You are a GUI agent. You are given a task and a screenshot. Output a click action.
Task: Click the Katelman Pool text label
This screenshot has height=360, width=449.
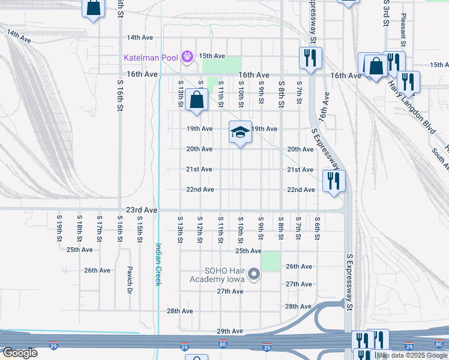(151, 58)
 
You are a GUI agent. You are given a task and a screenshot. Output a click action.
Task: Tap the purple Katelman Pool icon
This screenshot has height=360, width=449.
(187, 57)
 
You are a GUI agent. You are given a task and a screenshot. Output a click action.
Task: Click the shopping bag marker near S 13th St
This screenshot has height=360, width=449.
(197, 100)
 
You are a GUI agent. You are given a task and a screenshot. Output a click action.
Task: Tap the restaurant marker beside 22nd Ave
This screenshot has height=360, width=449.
(334, 181)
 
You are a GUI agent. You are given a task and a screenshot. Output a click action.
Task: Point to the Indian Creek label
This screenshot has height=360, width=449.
(158, 264)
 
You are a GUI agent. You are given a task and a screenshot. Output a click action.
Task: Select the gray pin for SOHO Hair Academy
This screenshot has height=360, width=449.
(254, 275)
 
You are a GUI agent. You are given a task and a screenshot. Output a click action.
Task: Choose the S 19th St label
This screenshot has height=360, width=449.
(59, 228)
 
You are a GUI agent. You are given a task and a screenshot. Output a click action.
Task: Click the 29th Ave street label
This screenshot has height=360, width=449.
(229, 331)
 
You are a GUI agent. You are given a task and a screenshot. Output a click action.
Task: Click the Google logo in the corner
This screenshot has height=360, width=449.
(20, 353)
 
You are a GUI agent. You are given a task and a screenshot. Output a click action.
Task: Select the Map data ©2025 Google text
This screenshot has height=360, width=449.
(412, 355)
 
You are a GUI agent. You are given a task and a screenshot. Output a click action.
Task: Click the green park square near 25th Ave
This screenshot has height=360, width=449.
(271, 261)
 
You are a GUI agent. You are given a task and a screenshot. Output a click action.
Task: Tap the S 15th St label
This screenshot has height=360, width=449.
(139, 228)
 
